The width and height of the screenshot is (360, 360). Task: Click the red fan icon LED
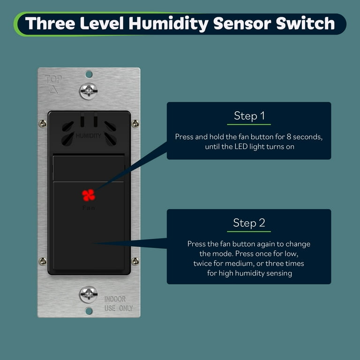[89, 195]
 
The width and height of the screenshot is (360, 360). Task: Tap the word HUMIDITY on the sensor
[89, 136]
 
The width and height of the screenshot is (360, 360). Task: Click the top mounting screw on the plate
[89, 91]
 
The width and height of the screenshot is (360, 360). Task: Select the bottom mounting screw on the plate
[89, 294]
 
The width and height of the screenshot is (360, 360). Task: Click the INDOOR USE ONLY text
[118, 304]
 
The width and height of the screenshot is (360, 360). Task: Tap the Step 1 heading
[248, 115]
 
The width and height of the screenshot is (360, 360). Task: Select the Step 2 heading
[248, 222]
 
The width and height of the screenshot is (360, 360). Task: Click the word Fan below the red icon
[89, 208]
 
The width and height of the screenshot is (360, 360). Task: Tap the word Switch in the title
[309, 23]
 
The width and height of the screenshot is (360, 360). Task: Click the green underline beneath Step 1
[248, 124]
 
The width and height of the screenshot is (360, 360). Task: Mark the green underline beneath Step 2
[248, 231]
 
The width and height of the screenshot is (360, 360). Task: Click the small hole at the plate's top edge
[89, 74]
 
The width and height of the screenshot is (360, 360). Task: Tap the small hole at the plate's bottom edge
[89, 311]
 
